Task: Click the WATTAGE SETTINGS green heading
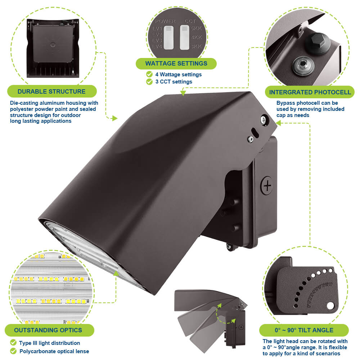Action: [x=176, y=64]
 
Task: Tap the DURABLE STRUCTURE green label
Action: [x=51, y=91]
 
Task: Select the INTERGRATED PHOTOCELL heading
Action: [x=310, y=92]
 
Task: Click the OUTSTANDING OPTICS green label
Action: [x=48, y=330]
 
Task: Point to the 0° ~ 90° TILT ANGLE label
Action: [x=304, y=330]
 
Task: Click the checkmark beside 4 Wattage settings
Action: [x=149, y=74]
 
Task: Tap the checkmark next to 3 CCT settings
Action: [x=149, y=82]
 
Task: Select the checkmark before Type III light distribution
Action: [x=13, y=343]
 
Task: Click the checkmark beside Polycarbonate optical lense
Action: [x=13, y=351]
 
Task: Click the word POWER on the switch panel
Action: [x=165, y=21]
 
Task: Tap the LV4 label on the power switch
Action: [x=157, y=46]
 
